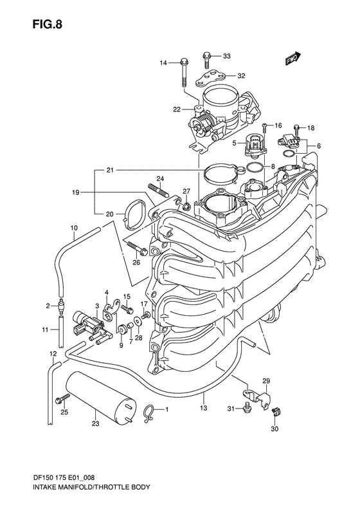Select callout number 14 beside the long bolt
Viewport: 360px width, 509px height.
pos(163,62)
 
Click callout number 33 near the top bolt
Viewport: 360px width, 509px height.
pos(226,57)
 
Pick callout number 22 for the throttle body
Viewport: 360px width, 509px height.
pos(176,109)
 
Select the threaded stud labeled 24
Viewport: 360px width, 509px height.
pos(157,190)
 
